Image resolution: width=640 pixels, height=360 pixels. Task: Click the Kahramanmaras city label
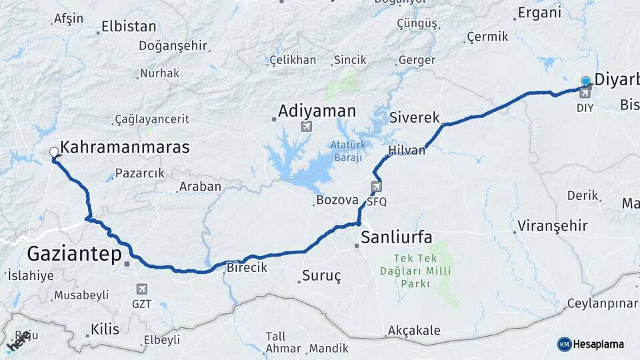tap(125, 147)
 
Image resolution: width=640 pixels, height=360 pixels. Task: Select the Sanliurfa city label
tap(396, 237)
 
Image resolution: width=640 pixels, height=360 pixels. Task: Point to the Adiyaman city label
tap(317, 110)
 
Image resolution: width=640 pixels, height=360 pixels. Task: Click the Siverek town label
tap(415, 118)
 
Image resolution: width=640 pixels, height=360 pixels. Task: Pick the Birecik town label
tap(247, 267)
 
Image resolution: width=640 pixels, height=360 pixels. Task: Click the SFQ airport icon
tap(377, 187)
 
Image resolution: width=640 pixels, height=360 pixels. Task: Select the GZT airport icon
tap(141, 289)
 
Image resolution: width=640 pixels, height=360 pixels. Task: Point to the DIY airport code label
tap(585, 107)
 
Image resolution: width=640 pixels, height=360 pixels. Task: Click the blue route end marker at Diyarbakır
tap(585, 81)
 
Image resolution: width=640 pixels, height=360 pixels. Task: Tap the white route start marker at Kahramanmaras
tap(54, 153)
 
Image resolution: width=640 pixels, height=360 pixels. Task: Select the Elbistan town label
tap(129, 27)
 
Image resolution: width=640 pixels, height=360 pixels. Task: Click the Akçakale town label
tap(413, 330)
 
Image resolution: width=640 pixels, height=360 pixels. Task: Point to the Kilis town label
tap(103, 329)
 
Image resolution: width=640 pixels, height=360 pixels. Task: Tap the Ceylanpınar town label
tap(602, 304)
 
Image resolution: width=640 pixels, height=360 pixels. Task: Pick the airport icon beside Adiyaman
tap(306, 126)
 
